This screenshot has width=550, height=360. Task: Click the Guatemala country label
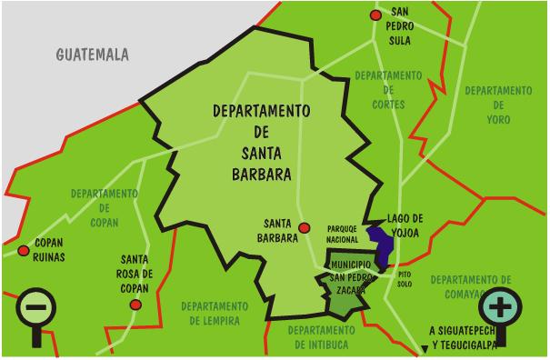tap(93, 55)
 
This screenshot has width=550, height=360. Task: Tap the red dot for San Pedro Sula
tap(374, 15)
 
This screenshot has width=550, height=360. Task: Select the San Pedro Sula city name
tap(401, 26)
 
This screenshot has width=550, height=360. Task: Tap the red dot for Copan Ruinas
tap(22, 250)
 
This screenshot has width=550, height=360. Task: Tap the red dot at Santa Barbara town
tap(306, 228)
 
